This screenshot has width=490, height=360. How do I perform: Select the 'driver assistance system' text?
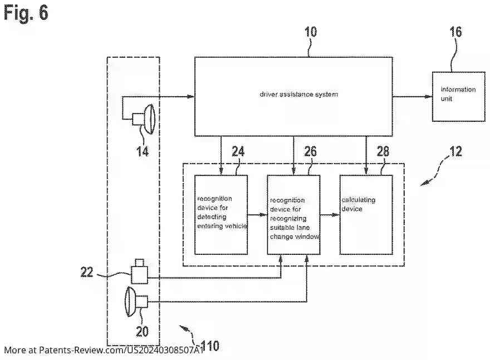(298, 94)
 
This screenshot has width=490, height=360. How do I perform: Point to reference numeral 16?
(455, 32)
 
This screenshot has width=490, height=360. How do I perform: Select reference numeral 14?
(143, 151)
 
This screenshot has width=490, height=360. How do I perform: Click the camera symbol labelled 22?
(139, 273)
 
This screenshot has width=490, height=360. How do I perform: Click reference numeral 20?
(143, 332)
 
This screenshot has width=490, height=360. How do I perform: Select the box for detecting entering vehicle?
(220, 214)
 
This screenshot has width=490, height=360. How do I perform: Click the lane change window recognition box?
(293, 214)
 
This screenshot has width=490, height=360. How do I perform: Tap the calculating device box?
(366, 214)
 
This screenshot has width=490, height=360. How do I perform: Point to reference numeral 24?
(238, 151)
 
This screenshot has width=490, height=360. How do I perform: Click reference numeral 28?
(383, 151)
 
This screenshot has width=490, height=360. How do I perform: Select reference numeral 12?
(455, 151)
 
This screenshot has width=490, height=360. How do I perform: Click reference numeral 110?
(209, 346)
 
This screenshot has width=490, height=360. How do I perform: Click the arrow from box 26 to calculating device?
(330, 214)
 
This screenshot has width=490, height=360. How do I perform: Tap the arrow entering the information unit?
(412, 97)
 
